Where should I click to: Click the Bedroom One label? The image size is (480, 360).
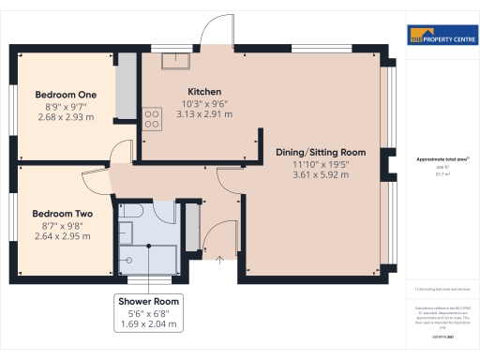tap(66, 95)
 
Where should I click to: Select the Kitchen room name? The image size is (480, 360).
tap(203, 91)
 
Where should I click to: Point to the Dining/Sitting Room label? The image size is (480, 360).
tap(321, 152)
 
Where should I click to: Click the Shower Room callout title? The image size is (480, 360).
tap(148, 301)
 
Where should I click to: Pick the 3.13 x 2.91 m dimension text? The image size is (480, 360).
tap(203, 113)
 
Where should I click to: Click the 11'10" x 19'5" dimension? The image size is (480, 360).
tap(321, 163)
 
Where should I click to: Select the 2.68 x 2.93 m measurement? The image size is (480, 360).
tap(66, 117)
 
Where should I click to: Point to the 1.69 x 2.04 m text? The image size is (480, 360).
tap(148, 324)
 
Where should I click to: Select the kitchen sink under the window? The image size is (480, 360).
tap(174, 61)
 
